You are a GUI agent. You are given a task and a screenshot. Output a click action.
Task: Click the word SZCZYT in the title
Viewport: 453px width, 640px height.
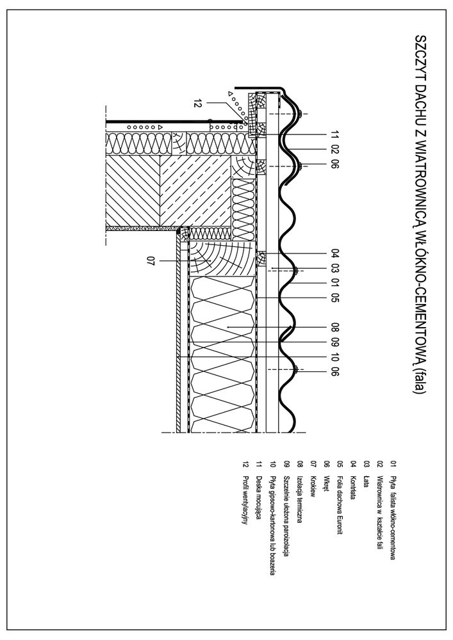[421, 53]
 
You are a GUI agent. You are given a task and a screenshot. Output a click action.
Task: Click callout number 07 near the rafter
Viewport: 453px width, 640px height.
[151, 260]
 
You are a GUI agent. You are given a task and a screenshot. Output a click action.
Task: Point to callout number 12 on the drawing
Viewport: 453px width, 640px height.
[197, 102]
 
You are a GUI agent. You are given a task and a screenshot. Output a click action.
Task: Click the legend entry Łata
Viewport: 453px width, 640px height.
[366, 474]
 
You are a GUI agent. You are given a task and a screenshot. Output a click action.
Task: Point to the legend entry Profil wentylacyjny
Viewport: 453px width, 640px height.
[245, 493]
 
